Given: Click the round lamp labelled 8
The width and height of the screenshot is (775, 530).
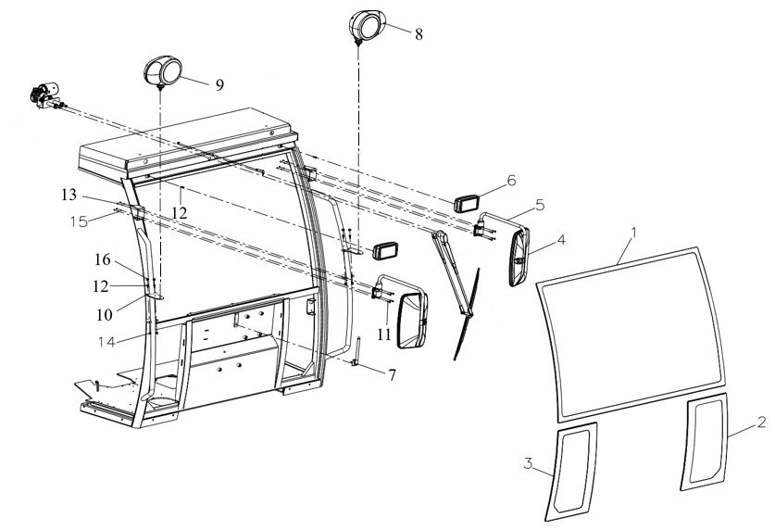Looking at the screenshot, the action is [367, 26].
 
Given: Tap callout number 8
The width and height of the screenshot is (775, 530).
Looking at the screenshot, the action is [419, 34].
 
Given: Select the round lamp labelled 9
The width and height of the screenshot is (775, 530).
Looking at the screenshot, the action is [163, 71].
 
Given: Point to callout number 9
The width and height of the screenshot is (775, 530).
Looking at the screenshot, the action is [219, 85].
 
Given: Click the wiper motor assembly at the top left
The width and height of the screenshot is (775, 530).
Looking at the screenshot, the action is [46, 95].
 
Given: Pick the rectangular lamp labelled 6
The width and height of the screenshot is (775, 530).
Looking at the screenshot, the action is [467, 204].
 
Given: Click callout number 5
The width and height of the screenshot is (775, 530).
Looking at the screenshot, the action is [540, 205].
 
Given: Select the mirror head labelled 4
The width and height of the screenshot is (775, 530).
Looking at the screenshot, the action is [519, 257].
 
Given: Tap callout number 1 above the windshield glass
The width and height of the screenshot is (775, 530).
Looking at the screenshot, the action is [634, 233].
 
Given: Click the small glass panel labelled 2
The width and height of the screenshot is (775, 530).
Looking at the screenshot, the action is [705, 441].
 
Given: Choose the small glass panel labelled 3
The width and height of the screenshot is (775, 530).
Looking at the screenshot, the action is [571, 472].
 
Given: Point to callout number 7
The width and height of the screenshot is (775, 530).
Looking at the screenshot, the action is [392, 375].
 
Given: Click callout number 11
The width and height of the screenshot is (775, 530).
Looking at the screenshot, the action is [384, 334].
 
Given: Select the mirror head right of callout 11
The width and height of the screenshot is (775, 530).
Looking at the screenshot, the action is [413, 322].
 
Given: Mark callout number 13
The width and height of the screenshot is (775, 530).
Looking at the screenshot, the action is [69, 196].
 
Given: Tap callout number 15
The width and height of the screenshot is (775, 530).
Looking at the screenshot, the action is [79, 221].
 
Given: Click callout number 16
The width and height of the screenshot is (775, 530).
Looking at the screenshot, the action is [103, 259].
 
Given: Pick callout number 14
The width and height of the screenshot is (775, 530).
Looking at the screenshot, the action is [106, 342].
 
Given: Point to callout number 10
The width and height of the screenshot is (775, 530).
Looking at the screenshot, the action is [105, 315].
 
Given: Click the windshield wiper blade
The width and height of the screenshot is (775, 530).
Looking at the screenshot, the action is [467, 314].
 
